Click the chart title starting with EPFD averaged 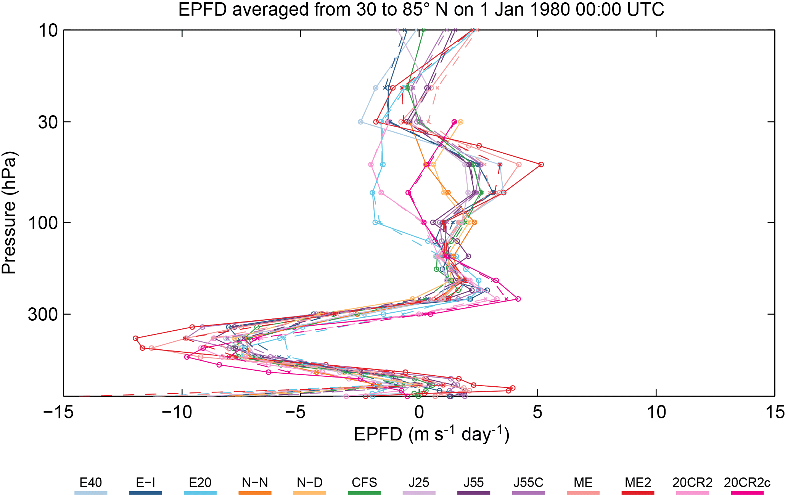[421, 10]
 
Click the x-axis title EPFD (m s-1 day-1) [431, 434]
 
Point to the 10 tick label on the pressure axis [48, 31]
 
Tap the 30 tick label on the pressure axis [48, 122]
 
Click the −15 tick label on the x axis [58, 413]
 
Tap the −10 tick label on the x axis [177, 413]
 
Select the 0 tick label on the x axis [419, 413]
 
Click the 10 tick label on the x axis [656, 413]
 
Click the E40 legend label [91, 483]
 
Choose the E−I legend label [145, 483]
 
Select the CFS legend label [364, 483]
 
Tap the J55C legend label [528, 483]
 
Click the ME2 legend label [638, 483]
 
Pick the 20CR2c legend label [747, 483]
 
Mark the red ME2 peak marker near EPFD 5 [541, 164]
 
